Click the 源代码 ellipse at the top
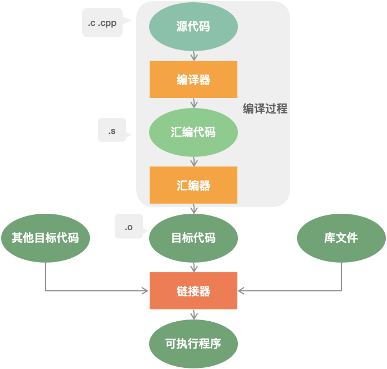[x=193, y=26]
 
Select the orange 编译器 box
[x=193, y=79]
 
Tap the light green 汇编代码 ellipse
[x=193, y=133]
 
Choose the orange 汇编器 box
[x=193, y=185]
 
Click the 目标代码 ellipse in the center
[x=193, y=238]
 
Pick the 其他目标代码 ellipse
[x=46, y=238]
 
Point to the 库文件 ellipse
[x=341, y=238]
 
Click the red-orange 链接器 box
[x=193, y=291]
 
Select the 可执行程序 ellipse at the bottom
[x=193, y=344]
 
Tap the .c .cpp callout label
[x=102, y=23]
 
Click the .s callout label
[x=112, y=131]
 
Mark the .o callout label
[x=129, y=227]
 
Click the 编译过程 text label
[x=265, y=109]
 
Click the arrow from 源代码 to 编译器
[x=193, y=55]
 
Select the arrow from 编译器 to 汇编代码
[x=193, y=103]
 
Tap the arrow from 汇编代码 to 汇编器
[x=193, y=161]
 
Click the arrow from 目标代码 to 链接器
[x=193, y=267]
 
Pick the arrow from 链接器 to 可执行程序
[x=193, y=316]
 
